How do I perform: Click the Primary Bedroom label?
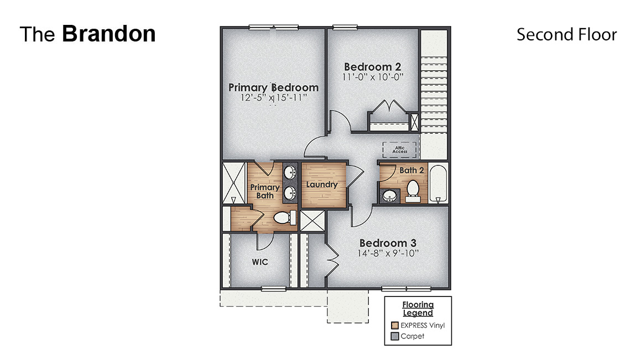273,87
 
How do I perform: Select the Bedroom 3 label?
388,243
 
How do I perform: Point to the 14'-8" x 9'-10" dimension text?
388,254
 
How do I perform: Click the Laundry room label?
321,185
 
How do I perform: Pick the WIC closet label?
260,262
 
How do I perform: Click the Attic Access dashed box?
399,149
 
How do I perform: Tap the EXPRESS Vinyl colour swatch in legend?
394,325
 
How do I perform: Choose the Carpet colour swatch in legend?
394,336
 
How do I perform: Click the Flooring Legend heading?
418,309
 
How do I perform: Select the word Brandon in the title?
108,34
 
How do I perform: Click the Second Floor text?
566,34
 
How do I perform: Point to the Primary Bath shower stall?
234,182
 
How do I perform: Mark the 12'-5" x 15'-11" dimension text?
273,98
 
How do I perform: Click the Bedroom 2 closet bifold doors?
390,107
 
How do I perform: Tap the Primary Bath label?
264,191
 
